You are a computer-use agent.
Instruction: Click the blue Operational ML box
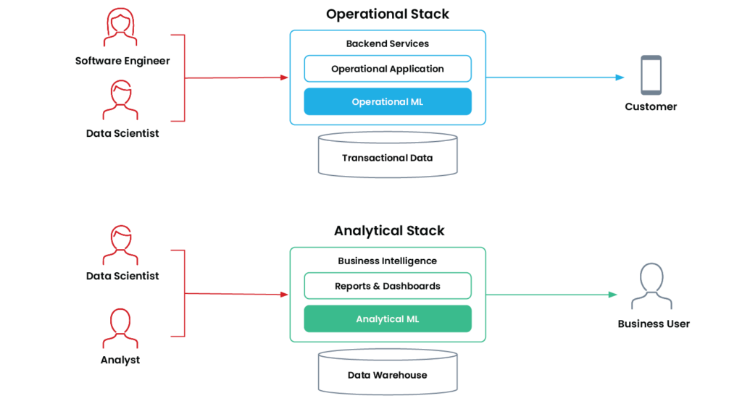(388, 102)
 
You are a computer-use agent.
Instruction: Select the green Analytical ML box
(388, 318)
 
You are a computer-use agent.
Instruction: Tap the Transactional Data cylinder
(388, 156)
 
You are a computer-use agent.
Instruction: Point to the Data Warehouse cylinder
(388, 373)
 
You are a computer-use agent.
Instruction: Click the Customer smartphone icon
(650, 75)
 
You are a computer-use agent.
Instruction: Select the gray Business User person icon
(652, 287)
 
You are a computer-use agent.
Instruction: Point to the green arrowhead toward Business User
(613, 294)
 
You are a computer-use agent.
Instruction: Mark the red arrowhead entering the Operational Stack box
(283, 77)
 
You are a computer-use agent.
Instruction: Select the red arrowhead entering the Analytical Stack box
(283, 294)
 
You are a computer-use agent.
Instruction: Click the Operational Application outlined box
(388, 69)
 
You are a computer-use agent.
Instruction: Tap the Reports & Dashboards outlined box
(388, 286)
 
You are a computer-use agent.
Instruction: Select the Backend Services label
(388, 43)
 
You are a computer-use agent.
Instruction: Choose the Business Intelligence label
(388, 260)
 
